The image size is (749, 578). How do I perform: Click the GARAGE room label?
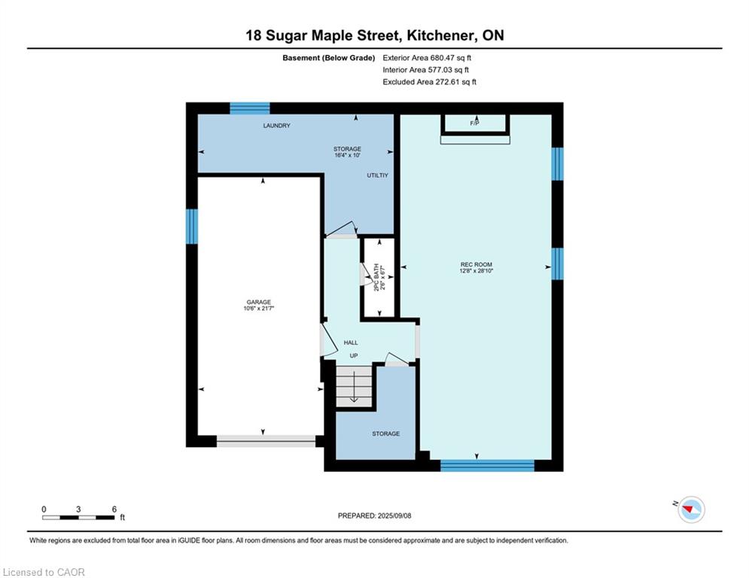click(x=258, y=302)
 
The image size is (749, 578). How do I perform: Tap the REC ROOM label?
click(x=476, y=264)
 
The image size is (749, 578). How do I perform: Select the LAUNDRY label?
click(x=276, y=125)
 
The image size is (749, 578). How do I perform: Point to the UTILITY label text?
click(x=377, y=175)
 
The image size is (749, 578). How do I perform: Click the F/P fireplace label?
click(x=474, y=123)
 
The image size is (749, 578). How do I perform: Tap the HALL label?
click(x=351, y=342)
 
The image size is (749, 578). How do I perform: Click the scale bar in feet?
click(x=79, y=517)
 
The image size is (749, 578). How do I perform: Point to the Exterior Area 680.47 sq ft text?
click(x=427, y=58)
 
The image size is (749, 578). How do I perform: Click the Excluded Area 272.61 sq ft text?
click(x=429, y=82)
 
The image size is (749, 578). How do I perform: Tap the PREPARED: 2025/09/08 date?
click(x=375, y=516)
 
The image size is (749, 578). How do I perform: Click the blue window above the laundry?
click(x=250, y=108)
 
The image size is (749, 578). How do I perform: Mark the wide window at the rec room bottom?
click(x=487, y=465)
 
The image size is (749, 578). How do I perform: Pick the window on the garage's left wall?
click(x=191, y=227)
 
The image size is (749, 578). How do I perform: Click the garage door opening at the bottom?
click(x=266, y=441)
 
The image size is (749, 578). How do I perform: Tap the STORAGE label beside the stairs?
click(x=386, y=433)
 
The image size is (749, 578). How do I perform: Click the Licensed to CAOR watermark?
click(x=44, y=572)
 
